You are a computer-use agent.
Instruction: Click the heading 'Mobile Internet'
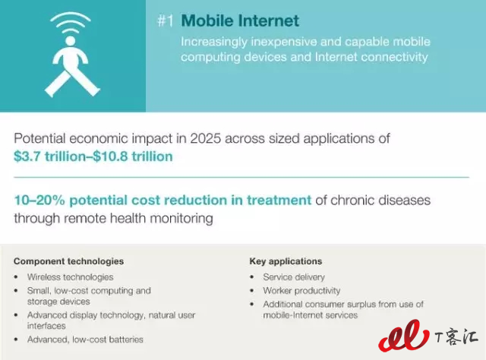tap(240, 21)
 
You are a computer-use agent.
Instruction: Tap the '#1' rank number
tap(166, 21)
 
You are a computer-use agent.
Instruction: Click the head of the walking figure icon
tap(71, 41)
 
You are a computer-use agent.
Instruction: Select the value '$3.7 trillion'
tap(49, 156)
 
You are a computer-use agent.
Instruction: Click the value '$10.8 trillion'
tap(133, 156)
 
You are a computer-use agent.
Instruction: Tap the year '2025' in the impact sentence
tap(206, 138)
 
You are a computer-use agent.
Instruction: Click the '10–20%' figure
tap(39, 200)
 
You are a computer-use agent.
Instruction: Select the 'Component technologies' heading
tap(68, 261)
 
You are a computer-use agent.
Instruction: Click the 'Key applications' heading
tap(286, 261)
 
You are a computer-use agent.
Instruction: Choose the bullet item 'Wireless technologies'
tap(71, 277)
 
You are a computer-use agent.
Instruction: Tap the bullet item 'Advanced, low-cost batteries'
tap(85, 339)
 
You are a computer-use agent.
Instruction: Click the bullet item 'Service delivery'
tap(294, 277)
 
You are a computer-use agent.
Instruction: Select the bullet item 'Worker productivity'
tap(301, 291)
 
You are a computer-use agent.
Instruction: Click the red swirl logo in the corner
tap(404, 336)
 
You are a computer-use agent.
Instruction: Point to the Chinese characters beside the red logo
tap(456, 337)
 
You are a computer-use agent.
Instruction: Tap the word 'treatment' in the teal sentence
tap(279, 201)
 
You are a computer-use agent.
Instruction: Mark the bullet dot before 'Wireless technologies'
tap(16, 277)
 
